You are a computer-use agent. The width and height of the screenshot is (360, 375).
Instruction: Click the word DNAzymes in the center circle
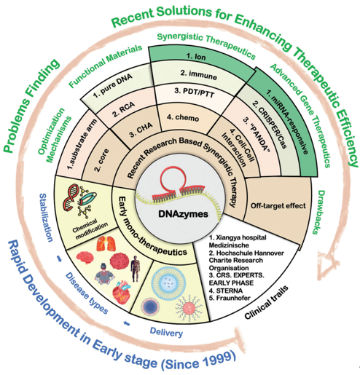tap(183, 214)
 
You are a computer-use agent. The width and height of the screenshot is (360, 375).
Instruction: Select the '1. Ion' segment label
tap(196, 57)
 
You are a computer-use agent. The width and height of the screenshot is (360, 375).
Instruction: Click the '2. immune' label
tap(198, 75)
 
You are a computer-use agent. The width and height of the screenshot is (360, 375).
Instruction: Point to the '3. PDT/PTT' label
tap(195, 92)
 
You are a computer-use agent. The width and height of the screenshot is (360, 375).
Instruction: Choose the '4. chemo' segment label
tap(183, 117)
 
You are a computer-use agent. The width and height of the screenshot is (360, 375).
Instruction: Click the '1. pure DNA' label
tap(113, 86)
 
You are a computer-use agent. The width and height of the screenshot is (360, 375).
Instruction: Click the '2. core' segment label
tap(101, 160)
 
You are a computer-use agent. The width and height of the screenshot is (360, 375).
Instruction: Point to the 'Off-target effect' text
tap(278, 206)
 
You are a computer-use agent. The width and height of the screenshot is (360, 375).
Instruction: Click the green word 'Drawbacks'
tap(318, 213)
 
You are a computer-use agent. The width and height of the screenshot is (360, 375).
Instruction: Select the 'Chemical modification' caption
tap(90, 229)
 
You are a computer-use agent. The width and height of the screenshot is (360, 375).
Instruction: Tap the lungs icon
tap(106, 243)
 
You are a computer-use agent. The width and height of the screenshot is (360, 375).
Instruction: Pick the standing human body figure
tap(135, 269)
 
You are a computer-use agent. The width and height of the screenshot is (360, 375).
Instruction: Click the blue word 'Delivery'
tap(166, 332)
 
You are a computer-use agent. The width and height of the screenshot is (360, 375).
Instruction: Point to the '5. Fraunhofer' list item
tap(230, 298)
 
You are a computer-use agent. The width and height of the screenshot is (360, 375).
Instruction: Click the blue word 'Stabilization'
tap(46, 218)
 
